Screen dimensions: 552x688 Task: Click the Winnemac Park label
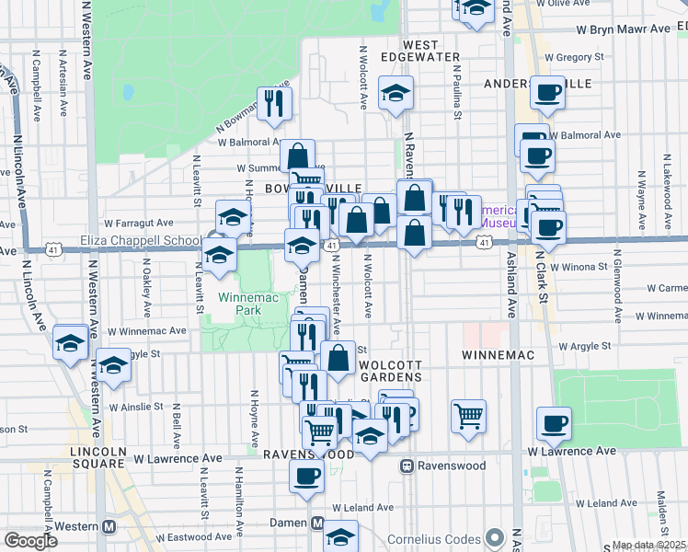pyautogui.click(x=240, y=304)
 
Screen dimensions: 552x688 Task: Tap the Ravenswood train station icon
pyautogui.click(x=406, y=466)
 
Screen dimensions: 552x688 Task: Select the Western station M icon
pyautogui.click(x=109, y=526)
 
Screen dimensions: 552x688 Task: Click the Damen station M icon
pyautogui.click(x=318, y=523)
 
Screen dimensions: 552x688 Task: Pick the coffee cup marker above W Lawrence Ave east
pyautogui.click(x=554, y=422)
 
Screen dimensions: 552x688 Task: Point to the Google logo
pyautogui.click(x=31, y=541)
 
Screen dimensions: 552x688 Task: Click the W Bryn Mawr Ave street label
pyautogui.click(x=623, y=29)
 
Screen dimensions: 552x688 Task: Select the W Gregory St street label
pyautogui.click(x=580, y=57)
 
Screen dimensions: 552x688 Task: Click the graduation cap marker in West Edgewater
pyautogui.click(x=396, y=92)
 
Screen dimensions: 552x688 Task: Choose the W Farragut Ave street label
pyautogui.click(x=139, y=223)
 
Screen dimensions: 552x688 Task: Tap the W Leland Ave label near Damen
pyautogui.click(x=362, y=507)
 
